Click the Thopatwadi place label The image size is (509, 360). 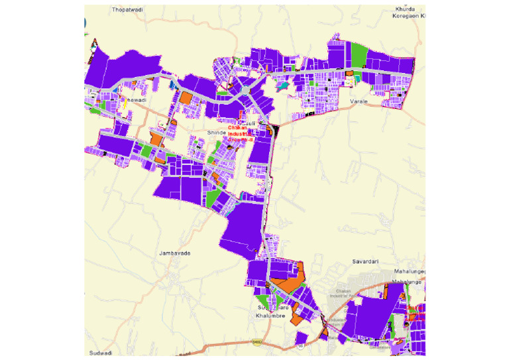(128, 10)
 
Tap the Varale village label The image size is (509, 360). (360, 101)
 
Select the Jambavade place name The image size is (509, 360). (175, 253)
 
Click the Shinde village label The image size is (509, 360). (217, 132)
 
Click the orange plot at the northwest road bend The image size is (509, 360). (186, 97)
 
